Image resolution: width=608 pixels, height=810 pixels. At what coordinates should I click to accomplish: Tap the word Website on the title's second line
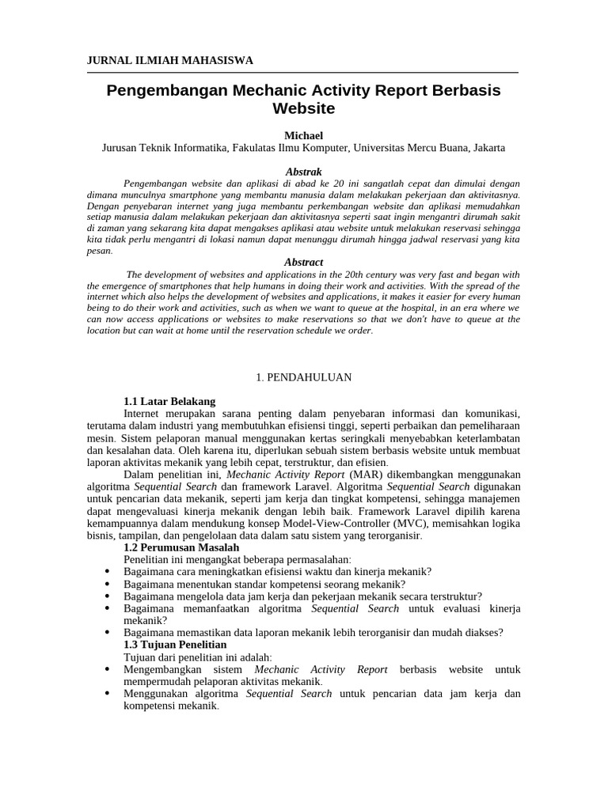tap(303, 108)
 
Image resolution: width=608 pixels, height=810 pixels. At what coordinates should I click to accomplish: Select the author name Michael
tap(303, 135)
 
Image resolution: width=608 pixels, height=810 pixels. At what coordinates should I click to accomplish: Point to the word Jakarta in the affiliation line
tap(488, 148)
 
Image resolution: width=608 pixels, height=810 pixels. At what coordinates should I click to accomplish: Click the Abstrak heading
tap(303, 172)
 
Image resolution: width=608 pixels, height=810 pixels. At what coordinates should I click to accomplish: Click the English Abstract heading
tap(303, 262)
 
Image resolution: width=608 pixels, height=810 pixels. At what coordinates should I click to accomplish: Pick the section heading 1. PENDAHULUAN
tap(303, 377)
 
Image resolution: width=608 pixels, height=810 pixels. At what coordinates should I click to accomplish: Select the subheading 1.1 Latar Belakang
tap(169, 401)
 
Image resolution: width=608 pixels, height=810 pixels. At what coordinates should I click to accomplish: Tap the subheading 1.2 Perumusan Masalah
tap(181, 547)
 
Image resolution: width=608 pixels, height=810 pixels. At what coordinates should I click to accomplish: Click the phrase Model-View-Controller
tap(359, 523)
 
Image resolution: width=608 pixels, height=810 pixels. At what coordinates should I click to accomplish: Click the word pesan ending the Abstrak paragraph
tap(99, 250)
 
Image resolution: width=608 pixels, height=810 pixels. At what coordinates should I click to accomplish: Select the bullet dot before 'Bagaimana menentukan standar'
tap(107, 585)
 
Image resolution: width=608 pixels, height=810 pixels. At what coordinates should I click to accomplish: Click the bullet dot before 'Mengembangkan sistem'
tap(107, 670)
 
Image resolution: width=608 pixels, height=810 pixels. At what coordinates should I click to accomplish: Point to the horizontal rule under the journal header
tap(303, 73)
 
